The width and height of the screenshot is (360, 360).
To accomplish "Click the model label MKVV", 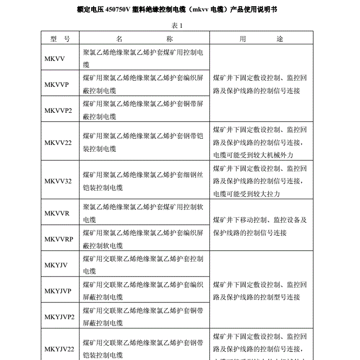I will pyautogui.click(x=54, y=59).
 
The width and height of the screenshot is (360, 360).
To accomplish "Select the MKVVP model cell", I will pyautogui.click(x=57, y=84).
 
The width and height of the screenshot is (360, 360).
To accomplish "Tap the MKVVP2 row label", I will pyautogui.click(x=58, y=110).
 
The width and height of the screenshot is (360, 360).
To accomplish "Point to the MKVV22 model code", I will pyautogui.click(x=58, y=143).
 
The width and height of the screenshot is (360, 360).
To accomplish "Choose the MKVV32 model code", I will pyautogui.click(x=58, y=181).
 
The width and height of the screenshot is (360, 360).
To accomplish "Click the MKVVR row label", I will pyautogui.click(x=57, y=213).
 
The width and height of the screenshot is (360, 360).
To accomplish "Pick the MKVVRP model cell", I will pyautogui.click(x=59, y=239).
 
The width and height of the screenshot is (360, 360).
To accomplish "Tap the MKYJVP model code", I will pyautogui.click(x=58, y=291).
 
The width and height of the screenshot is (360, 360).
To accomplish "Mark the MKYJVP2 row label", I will pyautogui.click(x=60, y=317).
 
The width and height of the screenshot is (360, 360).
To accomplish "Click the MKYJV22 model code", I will pyautogui.click(x=60, y=349).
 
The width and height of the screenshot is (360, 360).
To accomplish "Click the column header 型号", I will pyautogui.click(x=60, y=39).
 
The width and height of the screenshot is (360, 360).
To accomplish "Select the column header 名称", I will pyautogui.click(x=144, y=39).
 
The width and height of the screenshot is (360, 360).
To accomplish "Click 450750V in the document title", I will pyautogui.click(x=114, y=10).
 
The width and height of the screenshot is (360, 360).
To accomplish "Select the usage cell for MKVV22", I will pyautogui.click(x=260, y=143).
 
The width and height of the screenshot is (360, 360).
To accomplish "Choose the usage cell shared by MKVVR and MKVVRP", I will pyautogui.click(x=260, y=226).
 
